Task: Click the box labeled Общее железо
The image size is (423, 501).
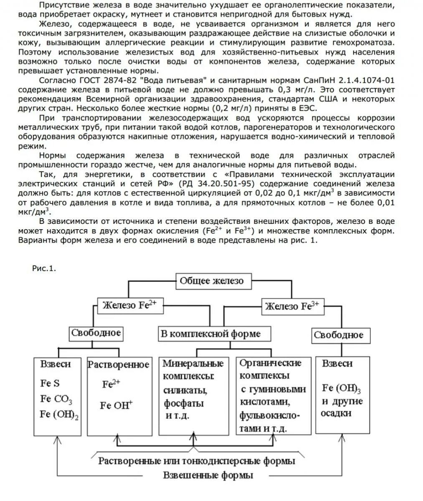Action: (211, 281)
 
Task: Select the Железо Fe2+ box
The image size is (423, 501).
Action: (129, 305)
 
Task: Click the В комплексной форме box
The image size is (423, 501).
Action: (211, 334)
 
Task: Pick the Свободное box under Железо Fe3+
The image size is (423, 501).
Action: (338, 335)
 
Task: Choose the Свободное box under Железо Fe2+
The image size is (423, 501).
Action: (96, 333)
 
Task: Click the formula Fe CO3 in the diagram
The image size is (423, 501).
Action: (56, 400)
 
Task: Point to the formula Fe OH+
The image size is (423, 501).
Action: (116, 405)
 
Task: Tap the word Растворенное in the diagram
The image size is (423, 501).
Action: (118, 364)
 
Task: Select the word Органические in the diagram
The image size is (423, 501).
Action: (271, 363)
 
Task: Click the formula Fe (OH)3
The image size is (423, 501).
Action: (341, 388)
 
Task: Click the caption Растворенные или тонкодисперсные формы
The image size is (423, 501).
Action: (197, 461)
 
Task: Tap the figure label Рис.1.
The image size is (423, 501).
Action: (44, 268)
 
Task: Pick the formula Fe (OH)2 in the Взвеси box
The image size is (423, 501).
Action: (59, 415)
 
